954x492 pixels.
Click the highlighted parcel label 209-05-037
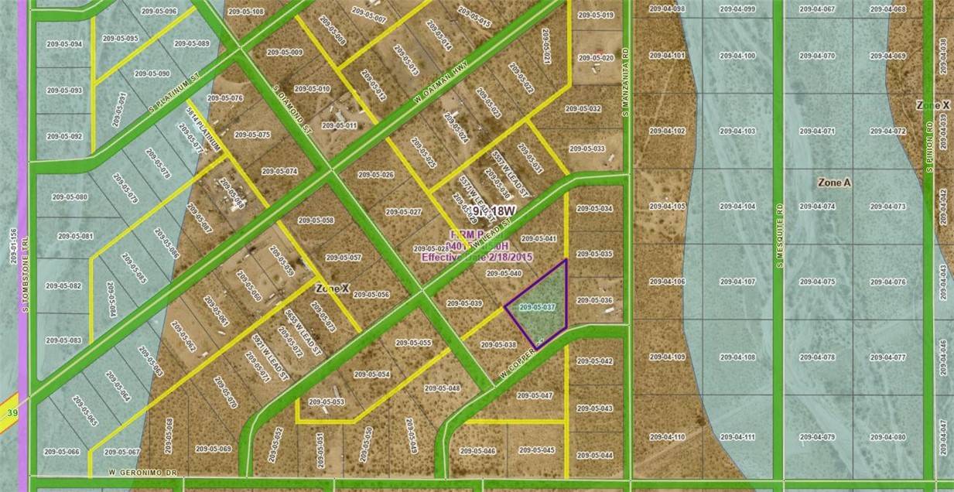(537, 307)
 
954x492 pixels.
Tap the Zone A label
(834, 183)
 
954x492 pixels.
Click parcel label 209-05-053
(326, 401)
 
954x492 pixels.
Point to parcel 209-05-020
(596, 58)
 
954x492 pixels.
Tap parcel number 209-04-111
(737, 437)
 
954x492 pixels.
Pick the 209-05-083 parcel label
(63, 340)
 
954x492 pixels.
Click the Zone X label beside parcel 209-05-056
(333, 288)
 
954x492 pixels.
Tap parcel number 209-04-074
(817, 207)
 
